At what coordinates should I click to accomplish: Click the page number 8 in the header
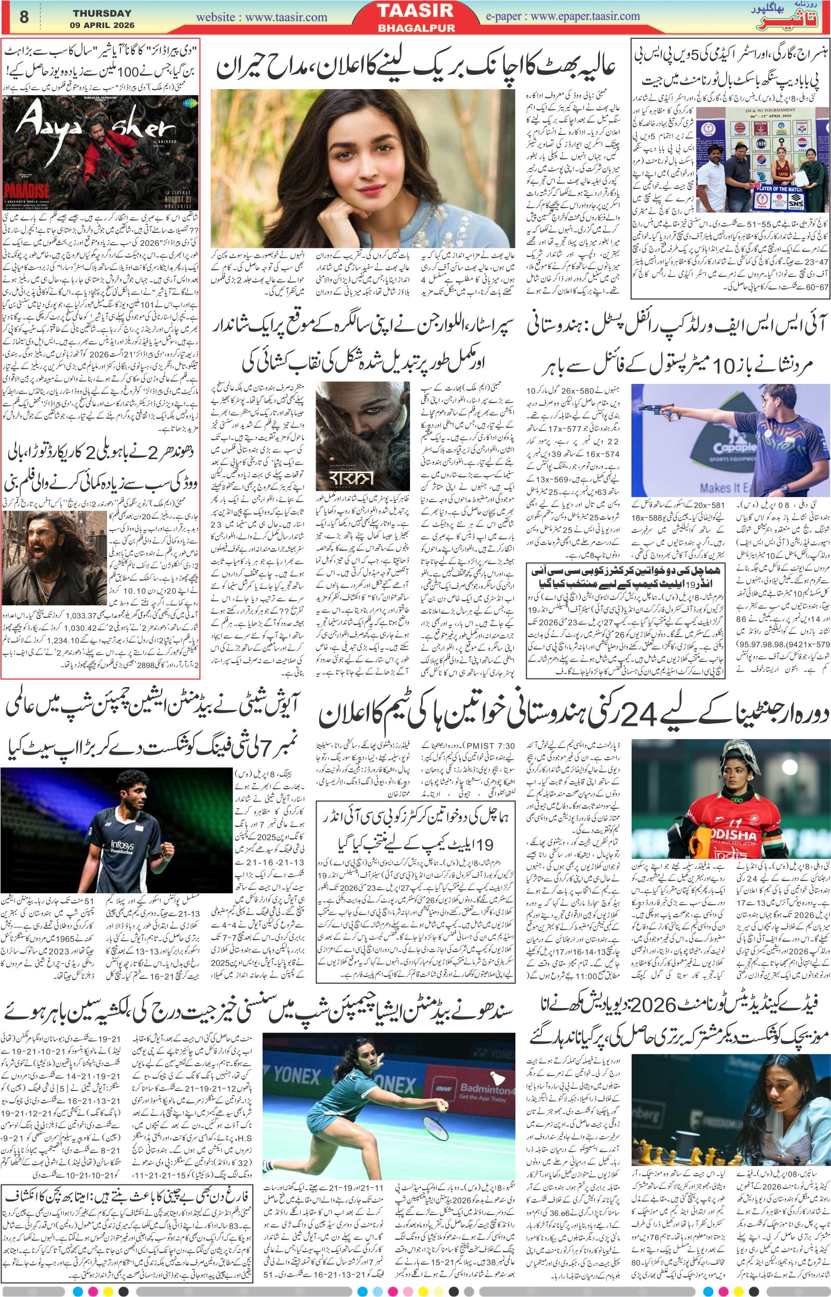[23, 17]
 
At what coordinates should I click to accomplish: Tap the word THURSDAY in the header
[102, 13]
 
